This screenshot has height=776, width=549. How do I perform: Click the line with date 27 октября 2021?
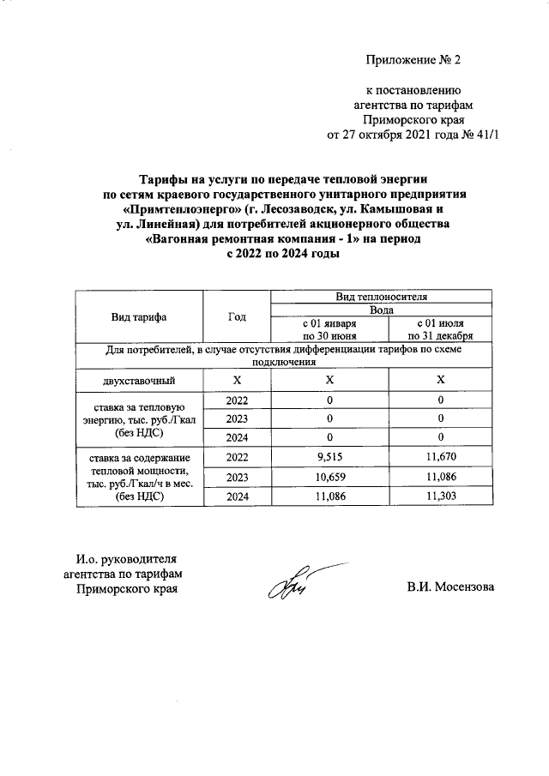point(413,135)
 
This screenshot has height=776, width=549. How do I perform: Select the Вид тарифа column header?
point(139,316)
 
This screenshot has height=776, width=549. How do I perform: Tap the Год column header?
point(237,316)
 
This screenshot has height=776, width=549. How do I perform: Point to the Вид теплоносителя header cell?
point(381,296)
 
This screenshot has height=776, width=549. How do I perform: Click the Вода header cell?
point(381,309)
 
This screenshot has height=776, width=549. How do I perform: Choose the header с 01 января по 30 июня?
point(329,329)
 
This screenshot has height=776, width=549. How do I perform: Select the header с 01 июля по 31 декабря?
point(440,329)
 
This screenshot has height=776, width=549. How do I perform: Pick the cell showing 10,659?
point(329,477)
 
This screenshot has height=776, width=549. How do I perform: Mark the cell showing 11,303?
point(440,496)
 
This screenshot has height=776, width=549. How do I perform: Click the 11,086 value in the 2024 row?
point(329,496)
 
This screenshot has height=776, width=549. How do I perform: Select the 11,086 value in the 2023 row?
point(440,477)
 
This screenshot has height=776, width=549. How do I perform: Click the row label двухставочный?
point(139,380)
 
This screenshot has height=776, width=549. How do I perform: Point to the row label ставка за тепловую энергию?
point(139,419)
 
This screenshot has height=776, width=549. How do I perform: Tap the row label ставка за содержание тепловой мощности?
point(139,477)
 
